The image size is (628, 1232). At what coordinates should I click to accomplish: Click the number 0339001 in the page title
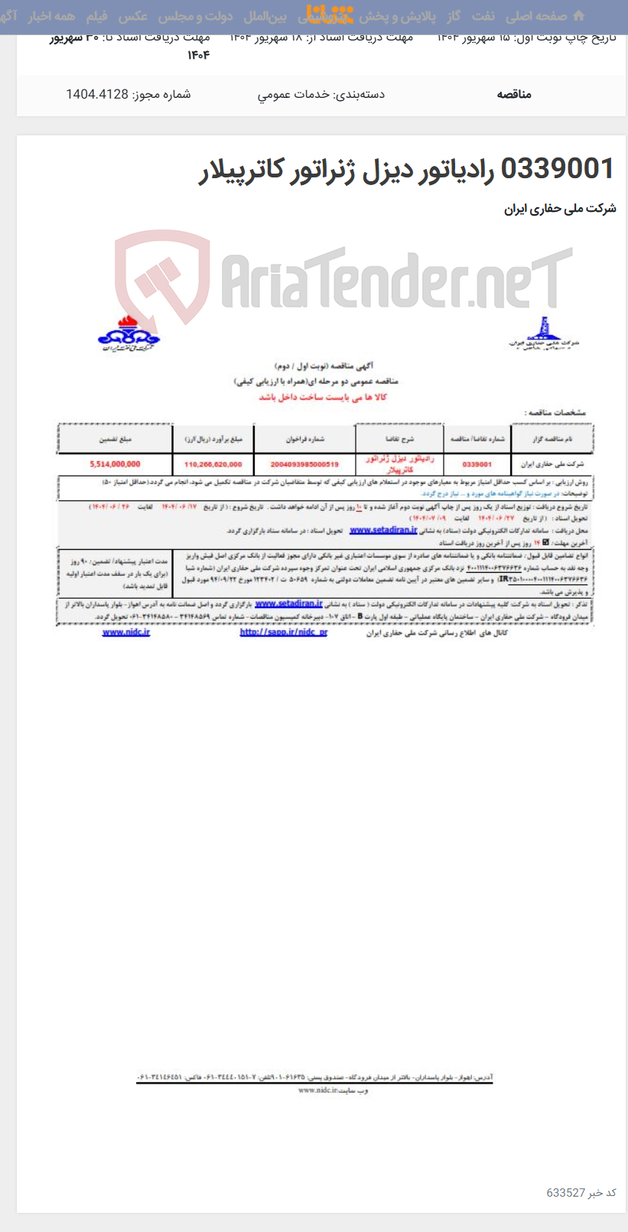click(x=557, y=169)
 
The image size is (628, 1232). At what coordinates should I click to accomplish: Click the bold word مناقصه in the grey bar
click(x=514, y=94)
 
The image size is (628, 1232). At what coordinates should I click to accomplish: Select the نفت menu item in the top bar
click(x=483, y=16)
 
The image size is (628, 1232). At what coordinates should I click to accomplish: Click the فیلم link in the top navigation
click(x=97, y=16)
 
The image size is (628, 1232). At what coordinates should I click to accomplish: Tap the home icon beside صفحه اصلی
click(x=578, y=16)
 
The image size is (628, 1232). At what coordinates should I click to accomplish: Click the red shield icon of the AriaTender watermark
click(x=162, y=278)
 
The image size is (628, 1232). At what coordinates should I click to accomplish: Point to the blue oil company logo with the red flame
click(x=128, y=333)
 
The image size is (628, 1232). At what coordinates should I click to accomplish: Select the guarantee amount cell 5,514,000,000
click(x=115, y=463)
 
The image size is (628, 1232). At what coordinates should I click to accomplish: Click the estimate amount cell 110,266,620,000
click(x=213, y=463)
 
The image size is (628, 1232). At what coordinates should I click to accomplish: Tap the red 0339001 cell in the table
click(x=477, y=463)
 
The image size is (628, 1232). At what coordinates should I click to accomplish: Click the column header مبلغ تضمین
click(x=115, y=440)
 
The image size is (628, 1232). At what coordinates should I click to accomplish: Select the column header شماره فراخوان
click(x=305, y=440)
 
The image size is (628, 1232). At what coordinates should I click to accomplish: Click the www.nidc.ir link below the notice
click(x=126, y=632)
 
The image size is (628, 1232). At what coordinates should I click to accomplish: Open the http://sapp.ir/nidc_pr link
click(x=283, y=632)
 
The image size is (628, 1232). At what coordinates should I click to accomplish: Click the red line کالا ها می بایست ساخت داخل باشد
click(x=322, y=397)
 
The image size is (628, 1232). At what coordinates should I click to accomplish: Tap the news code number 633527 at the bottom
click(x=565, y=1192)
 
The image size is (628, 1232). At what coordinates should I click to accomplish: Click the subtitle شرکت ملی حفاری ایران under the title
click(x=559, y=209)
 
